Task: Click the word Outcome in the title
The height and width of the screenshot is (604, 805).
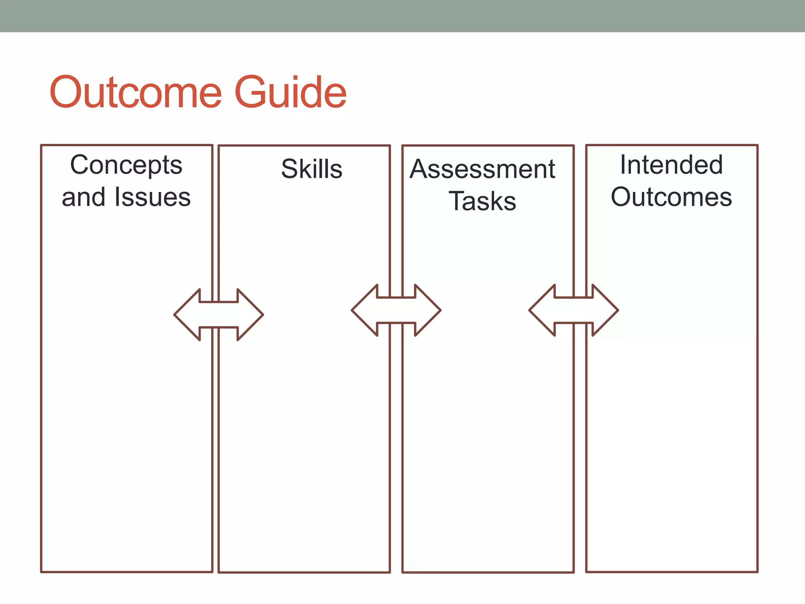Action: [136, 92]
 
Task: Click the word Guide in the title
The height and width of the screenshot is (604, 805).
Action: [290, 92]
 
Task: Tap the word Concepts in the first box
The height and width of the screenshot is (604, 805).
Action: [126, 165]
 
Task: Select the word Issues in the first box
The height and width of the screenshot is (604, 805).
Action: [153, 197]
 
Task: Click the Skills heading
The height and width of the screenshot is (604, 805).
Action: [312, 169]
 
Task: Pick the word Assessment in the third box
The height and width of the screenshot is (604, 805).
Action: [482, 169]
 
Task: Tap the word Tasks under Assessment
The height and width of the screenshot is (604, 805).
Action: [482, 201]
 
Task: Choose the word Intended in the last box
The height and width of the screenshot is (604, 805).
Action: [671, 165]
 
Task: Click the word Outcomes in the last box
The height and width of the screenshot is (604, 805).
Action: [671, 197]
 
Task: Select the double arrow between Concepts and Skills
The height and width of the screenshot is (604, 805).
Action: [219, 315]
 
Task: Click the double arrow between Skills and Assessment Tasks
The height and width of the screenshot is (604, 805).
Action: [396, 310]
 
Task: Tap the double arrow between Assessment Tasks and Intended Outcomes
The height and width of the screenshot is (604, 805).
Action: [574, 310]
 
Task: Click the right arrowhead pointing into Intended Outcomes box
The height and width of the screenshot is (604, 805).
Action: [605, 310]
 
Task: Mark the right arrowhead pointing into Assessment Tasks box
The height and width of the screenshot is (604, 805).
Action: [427, 310]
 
